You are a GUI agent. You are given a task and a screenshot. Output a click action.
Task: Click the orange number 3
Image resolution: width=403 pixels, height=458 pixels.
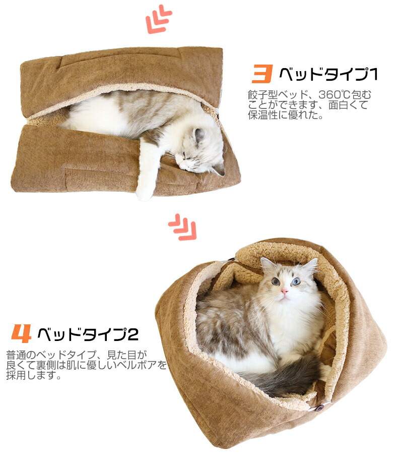pos(262,74)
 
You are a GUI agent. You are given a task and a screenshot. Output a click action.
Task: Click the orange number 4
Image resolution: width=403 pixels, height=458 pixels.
pos(21,333)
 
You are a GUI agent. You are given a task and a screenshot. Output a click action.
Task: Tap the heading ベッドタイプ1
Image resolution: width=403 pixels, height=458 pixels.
pos(328,74)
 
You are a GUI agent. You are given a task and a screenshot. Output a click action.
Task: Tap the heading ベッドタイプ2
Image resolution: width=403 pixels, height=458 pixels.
pos(88,334)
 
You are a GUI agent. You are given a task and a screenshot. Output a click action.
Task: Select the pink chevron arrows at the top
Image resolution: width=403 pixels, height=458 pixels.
pos(159,19)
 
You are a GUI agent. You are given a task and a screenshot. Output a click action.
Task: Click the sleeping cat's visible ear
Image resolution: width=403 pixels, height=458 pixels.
pos(199,136)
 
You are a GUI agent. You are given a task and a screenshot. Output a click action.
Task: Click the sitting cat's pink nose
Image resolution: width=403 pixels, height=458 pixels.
pos(284,291)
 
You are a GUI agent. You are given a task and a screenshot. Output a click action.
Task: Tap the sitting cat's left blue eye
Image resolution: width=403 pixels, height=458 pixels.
pos(276,281)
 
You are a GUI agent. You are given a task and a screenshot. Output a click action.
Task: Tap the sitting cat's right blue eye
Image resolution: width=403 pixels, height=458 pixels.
pos(296,281)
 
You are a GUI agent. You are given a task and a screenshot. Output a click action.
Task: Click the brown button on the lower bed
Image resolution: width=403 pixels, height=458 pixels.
pos(319,408)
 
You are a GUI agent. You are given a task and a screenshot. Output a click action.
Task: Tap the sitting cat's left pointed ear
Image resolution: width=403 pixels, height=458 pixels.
pos(266,264)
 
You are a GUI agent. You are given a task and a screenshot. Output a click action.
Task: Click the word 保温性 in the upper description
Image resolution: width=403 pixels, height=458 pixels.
pos(263,115)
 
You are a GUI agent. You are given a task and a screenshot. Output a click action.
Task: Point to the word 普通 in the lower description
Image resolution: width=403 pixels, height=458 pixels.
pos(16,355)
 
